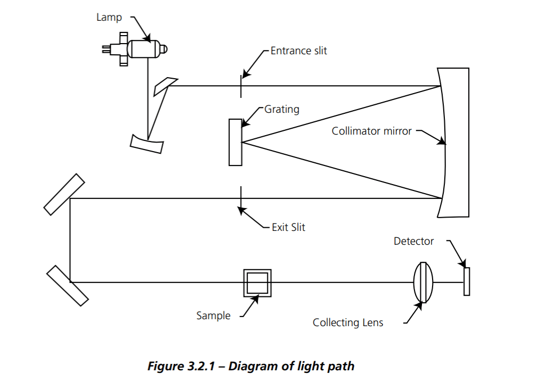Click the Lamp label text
(x=109, y=18)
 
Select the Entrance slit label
(x=298, y=51)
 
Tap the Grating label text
(x=281, y=109)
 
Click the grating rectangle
(x=235, y=142)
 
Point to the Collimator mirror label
(x=371, y=130)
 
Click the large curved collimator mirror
(x=455, y=143)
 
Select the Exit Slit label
(x=288, y=227)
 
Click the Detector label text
(x=413, y=241)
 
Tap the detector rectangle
(x=467, y=281)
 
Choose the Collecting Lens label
(x=347, y=322)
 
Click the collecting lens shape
(x=423, y=282)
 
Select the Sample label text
(x=213, y=315)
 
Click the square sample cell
(x=257, y=283)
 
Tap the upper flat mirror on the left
(x=64, y=194)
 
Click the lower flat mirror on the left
(x=67, y=286)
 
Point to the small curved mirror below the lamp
(x=146, y=143)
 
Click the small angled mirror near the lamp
(x=165, y=86)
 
